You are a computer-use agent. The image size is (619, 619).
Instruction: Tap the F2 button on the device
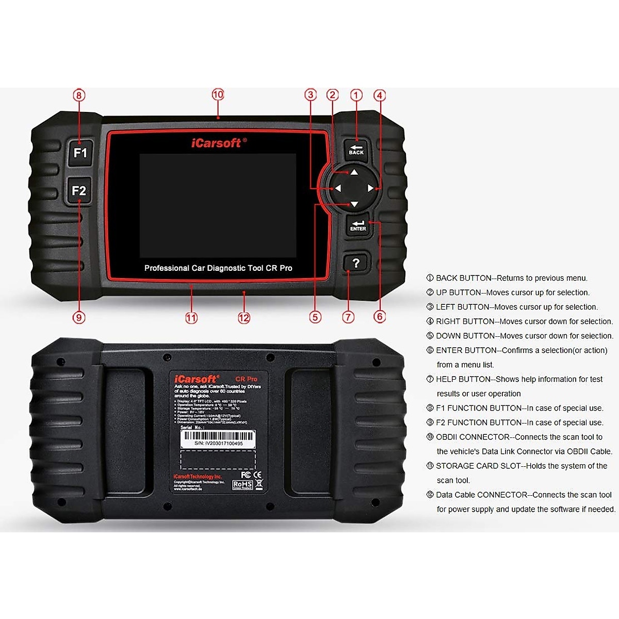(79, 191)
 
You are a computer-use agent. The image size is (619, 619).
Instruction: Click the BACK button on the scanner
(356, 149)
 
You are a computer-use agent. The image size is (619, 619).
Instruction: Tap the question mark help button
(355, 263)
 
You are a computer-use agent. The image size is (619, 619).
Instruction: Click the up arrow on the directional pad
(354, 172)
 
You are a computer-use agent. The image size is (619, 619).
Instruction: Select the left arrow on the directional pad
(338, 188)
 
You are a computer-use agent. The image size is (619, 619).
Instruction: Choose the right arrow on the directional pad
(370, 188)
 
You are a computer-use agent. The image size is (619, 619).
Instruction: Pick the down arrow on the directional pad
(354, 205)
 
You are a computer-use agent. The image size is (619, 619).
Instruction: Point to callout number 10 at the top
(218, 94)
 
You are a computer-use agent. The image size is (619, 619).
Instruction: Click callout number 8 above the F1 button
(79, 95)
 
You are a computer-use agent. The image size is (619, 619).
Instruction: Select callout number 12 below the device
(244, 318)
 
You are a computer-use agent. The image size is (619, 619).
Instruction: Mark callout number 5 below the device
(315, 317)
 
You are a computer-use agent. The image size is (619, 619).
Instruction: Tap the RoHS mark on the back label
(242, 485)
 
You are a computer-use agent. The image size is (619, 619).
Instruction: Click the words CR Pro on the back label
(246, 379)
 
